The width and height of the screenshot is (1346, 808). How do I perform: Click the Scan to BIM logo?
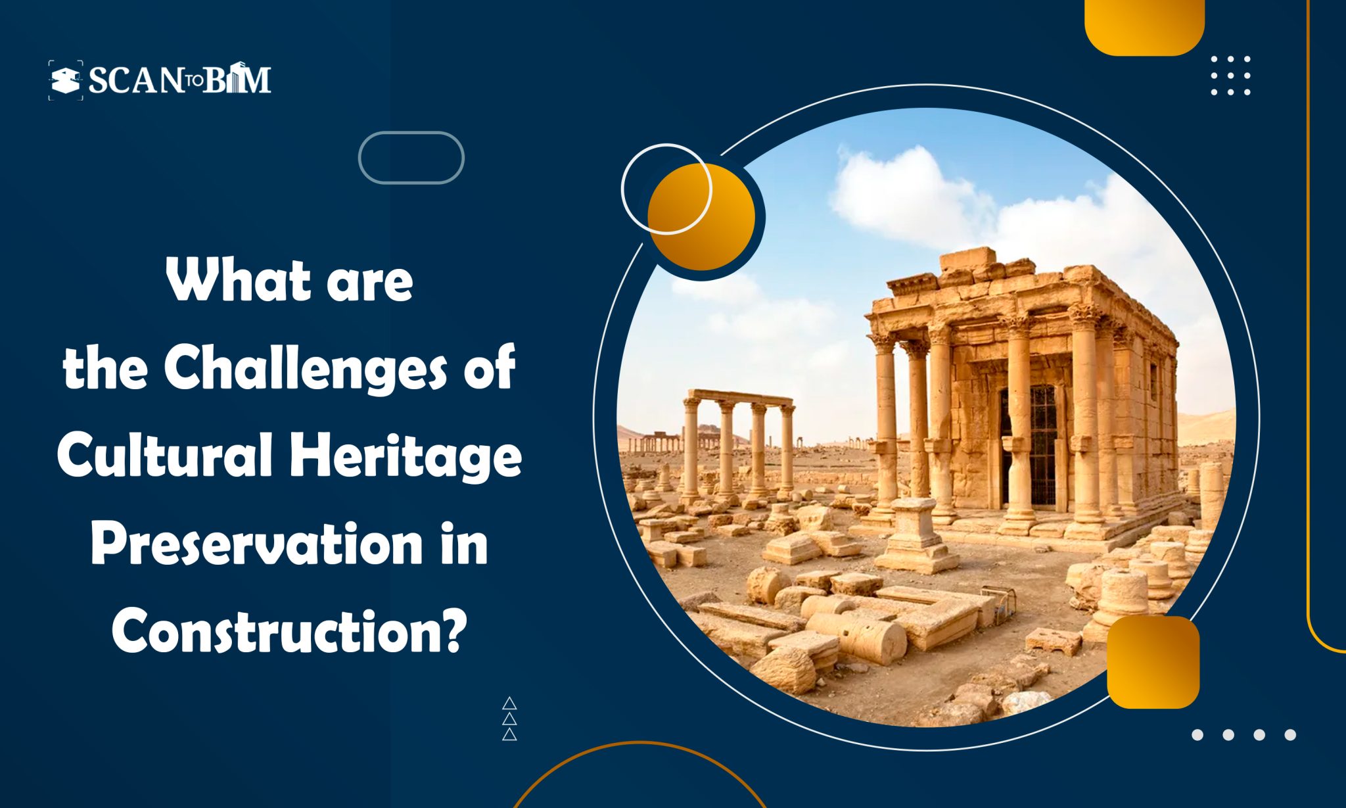tap(160, 80)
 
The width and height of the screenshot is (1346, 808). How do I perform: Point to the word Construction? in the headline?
tap(289, 630)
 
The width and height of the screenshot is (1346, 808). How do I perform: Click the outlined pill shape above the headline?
tap(411, 158)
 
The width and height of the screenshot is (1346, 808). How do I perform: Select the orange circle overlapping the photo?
tap(702, 217)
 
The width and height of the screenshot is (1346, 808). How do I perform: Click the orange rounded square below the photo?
tap(1153, 662)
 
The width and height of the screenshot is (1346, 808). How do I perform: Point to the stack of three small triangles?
tap(509, 719)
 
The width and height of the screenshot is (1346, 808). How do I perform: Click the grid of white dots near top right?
tap(1230, 76)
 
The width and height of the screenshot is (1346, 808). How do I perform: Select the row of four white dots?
tap(1243, 734)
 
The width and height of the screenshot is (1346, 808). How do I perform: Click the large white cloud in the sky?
tap(907, 191)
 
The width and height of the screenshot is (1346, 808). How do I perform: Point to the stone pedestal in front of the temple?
tap(915, 536)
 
